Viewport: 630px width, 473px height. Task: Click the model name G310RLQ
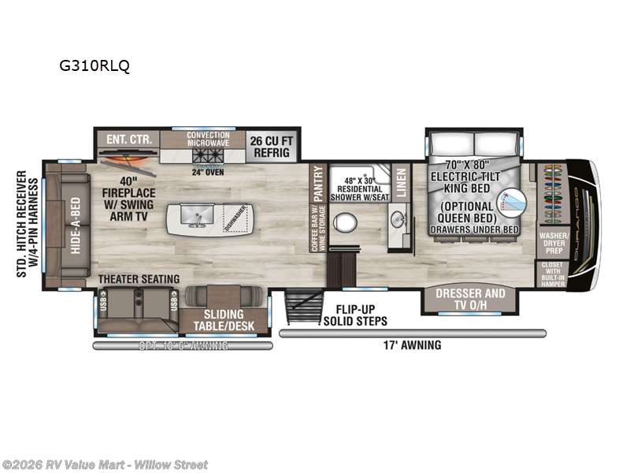pos(94,66)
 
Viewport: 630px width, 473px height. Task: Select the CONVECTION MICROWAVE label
pos(208,140)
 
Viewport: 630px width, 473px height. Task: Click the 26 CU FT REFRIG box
pos(272,147)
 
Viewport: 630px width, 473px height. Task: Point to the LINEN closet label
pos(400,182)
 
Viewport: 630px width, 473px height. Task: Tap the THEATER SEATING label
pos(139,278)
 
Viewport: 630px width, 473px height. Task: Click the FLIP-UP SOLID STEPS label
pos(355,315)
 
